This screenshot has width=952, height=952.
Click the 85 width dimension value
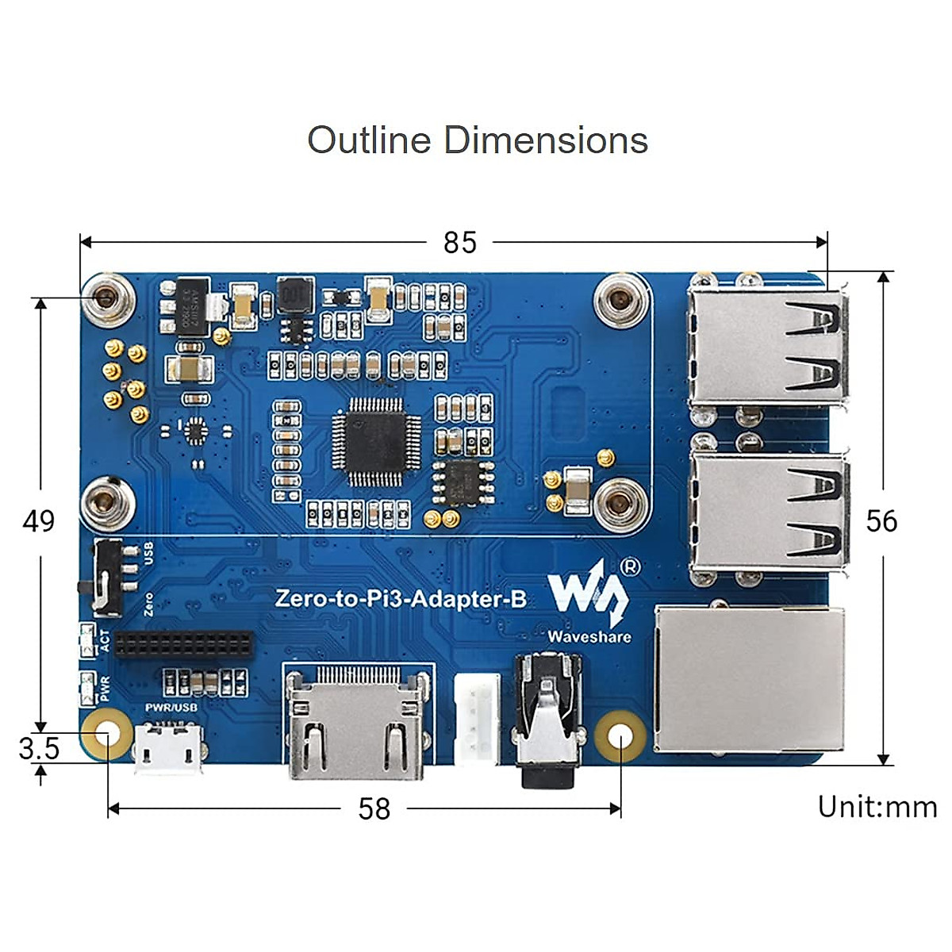[x=460, y=242]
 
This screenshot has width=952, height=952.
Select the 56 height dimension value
[x=881, y=521]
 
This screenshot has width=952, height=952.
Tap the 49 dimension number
[x=39, y=521]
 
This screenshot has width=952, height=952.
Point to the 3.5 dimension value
[x=39, y=748]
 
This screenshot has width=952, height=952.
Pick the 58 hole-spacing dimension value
[x=374, y=808]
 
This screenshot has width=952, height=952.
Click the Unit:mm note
[x=877, y=807]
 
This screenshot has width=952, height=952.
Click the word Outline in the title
[x=369, y=140]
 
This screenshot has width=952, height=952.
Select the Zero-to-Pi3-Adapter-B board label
[x=401, y=598]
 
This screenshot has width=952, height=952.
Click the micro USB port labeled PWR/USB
[x=169, y=748]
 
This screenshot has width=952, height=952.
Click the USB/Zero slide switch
[x=107, y=578]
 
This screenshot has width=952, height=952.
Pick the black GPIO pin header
[x=184, y=643]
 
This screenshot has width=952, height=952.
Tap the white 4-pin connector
[x=477, y=717]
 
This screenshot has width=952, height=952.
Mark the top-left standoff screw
[x=107, y=299]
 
